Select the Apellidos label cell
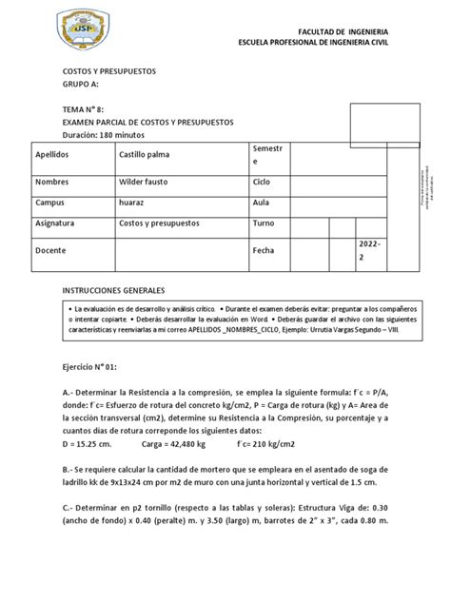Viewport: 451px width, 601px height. [56, 155]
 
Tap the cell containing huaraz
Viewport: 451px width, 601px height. [132, 203]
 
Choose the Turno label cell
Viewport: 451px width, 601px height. [264, 224]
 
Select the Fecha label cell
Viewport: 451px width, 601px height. [264, 250]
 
